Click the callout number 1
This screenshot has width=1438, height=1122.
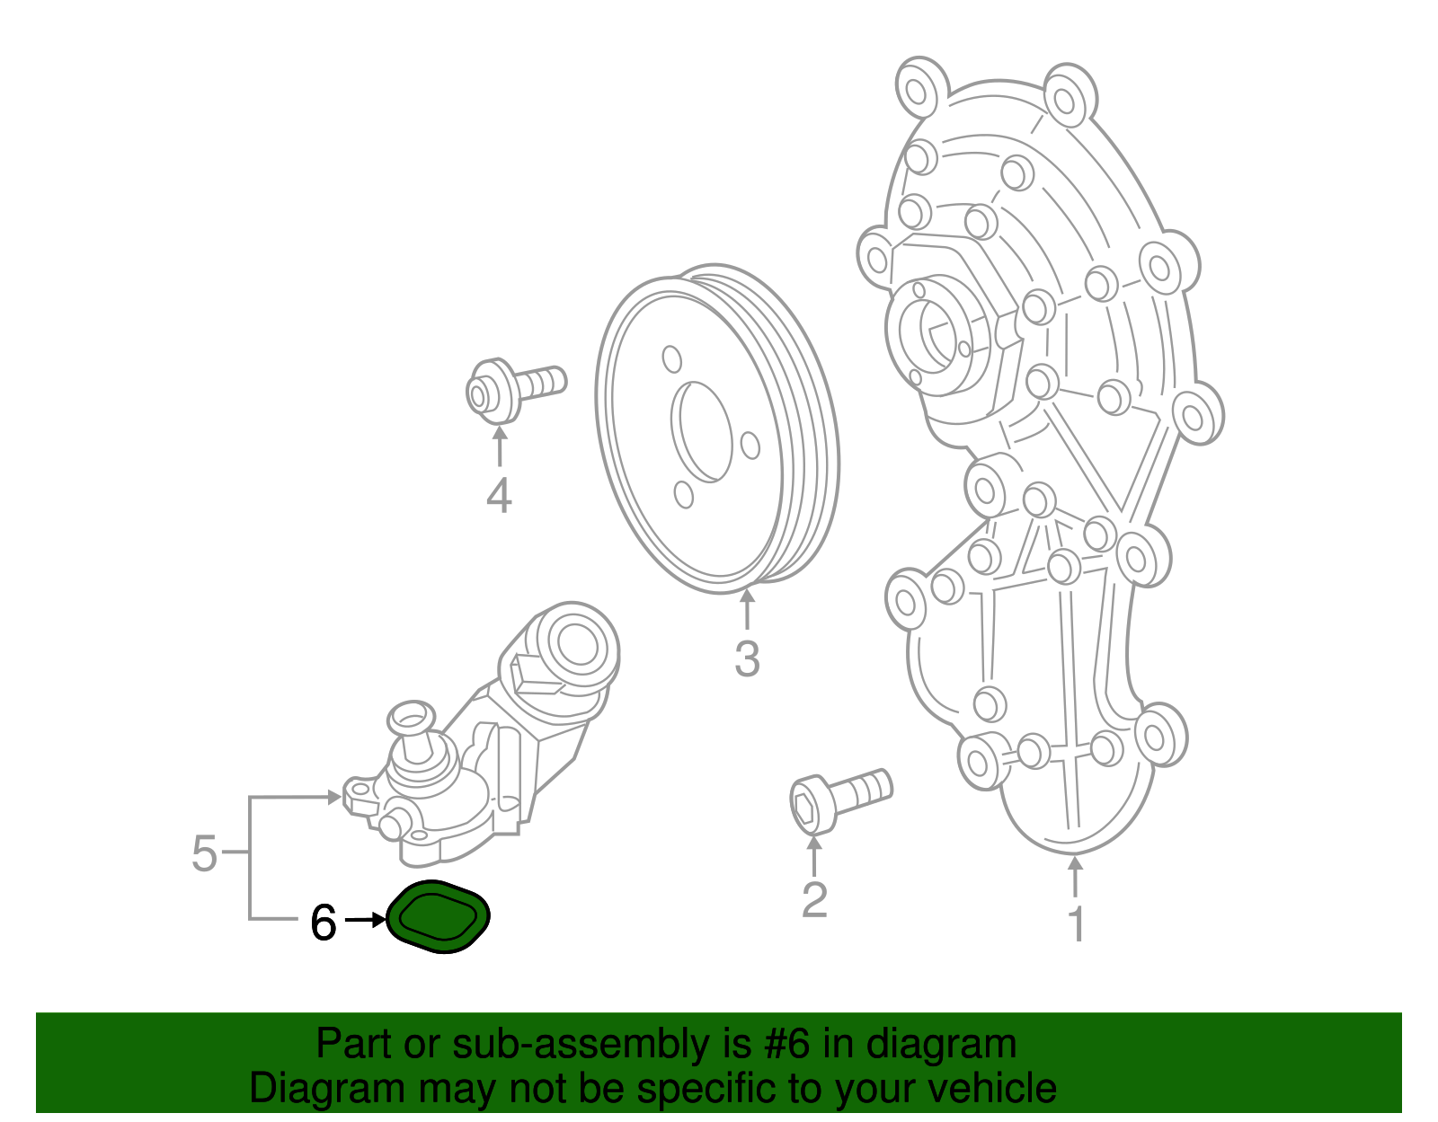(x=1076, y=924)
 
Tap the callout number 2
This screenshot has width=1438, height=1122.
(x=814, y=900)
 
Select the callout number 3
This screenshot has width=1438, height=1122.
(x=747, y=658)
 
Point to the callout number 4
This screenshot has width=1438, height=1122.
(x=499, y=496)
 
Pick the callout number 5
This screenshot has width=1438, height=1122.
(x=205, y=853)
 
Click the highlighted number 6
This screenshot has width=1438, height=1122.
(x=324, y=922)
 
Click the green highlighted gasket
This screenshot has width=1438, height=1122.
(x=439, y=916)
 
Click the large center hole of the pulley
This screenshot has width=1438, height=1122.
(x=703, y=431)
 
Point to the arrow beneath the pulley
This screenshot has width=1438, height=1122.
(x=747, y=607)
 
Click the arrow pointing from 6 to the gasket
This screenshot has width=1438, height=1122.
(x=365, y=920)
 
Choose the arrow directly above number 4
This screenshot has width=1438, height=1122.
(x=499, y=446)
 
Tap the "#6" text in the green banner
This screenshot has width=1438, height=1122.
(x=787, y=1044)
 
